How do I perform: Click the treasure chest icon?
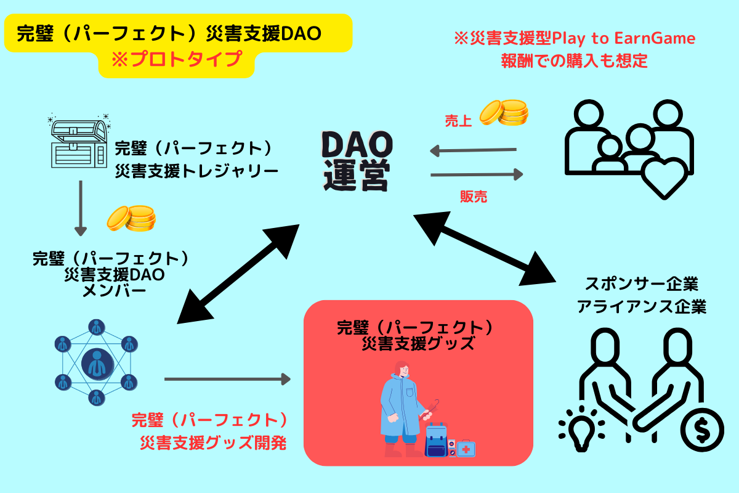79,141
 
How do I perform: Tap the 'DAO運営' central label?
357,161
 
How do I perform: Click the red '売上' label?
458,121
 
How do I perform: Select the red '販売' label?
474,197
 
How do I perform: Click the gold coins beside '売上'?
504,113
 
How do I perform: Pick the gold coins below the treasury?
131,218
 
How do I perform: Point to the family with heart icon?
629,149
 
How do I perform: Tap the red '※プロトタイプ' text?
177,60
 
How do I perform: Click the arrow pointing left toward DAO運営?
473,150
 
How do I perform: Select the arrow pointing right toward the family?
477,174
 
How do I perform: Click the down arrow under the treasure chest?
81,208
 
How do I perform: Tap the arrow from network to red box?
227,379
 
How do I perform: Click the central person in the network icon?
97,364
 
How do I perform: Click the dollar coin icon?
702,430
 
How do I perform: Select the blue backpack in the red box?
436,440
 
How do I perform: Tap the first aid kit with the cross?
466,449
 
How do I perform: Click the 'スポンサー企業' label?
641,283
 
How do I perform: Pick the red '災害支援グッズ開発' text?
214,443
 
